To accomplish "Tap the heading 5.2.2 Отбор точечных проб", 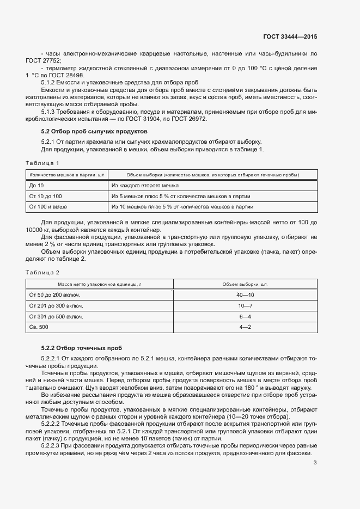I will click(x=82, y=347).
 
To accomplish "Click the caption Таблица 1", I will click(x=42, y=163).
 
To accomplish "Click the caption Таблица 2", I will click(x=42, y=272).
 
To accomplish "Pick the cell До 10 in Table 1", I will click(x=36, y=186).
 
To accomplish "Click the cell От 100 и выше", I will click(x=48, y=207).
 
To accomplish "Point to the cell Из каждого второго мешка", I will click(x=144, y=186).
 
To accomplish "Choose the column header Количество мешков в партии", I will click(x=66, y=175).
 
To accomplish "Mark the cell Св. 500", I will click(x=38, y=327).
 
